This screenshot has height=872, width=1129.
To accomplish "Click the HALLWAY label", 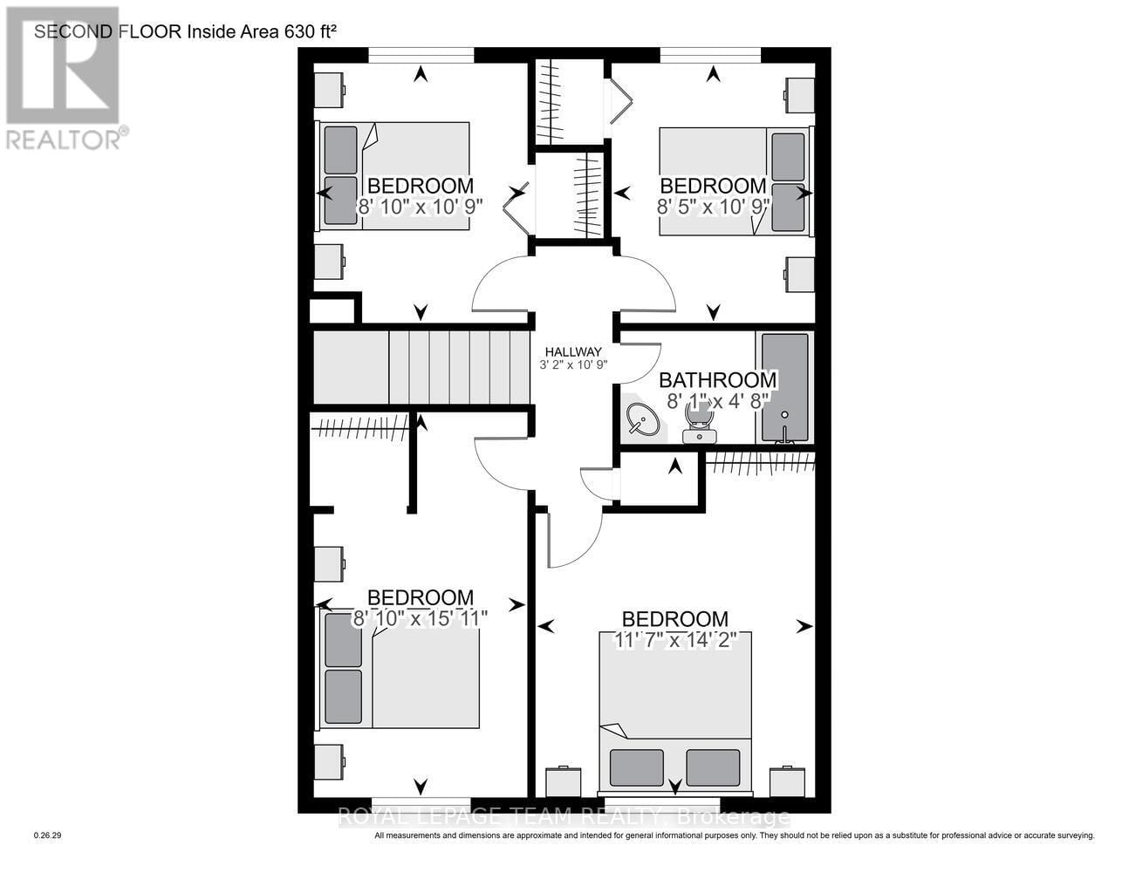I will coord(573,351).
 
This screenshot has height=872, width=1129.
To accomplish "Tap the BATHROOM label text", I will coord(717,380).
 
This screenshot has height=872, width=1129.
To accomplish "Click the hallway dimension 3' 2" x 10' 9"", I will coord(573,365).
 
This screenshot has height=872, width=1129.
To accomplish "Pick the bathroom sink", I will coord(644,422).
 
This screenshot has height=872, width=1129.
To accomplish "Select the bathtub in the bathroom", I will coord(785,387).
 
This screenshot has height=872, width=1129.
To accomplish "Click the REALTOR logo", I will coord(63,78).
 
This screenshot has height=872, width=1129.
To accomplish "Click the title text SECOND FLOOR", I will coord(108,32).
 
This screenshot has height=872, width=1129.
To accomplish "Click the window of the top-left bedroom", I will coord(421,56).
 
